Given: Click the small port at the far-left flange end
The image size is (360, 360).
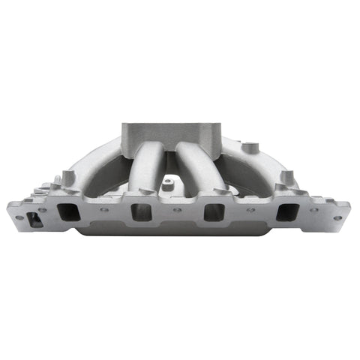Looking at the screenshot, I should [33, 220].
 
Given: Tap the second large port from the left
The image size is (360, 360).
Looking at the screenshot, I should [141, 211].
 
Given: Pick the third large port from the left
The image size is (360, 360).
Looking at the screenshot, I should [214, 211].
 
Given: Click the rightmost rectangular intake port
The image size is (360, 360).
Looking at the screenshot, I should [286, 212].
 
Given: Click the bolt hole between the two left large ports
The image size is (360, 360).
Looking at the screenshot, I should [104, 210].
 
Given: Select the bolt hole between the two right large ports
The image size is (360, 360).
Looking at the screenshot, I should [250, 210].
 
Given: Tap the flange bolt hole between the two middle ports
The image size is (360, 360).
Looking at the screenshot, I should [177, 210].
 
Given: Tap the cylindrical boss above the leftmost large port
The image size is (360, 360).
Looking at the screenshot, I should [69, 178].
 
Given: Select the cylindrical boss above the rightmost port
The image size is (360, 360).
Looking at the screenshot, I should [286, 178].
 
